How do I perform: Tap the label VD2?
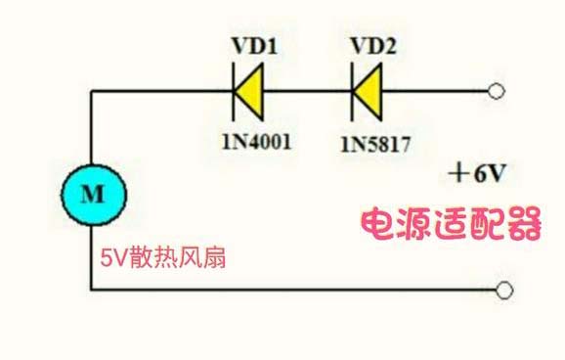370,45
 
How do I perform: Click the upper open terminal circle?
499,94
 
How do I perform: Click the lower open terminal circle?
504,290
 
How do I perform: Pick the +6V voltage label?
478,174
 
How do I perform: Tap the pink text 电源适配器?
451,225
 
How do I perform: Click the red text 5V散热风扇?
165,260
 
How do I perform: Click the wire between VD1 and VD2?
309,94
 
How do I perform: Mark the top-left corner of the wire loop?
92,94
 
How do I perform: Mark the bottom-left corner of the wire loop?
92,290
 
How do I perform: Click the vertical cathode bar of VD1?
235,94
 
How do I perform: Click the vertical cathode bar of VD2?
353,94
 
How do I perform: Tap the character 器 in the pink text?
523,225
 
